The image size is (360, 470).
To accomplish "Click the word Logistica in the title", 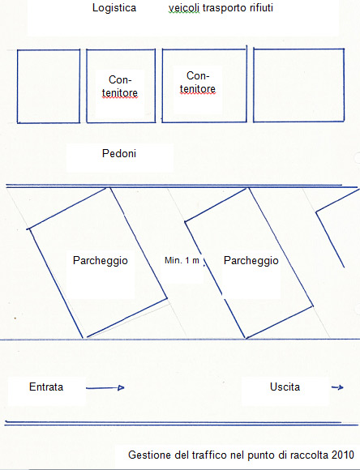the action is click(x=114, y=8).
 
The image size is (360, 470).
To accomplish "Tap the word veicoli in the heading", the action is click(x=184, y=8).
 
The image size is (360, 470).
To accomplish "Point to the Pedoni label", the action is click(x=119, y=153).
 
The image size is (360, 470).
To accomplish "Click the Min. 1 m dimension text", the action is click(x=182, y=260).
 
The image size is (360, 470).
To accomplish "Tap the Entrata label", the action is click(x=46, y=387).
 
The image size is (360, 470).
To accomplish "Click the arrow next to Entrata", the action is click(x=105, y=388).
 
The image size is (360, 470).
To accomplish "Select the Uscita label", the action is click(x=285, y=387).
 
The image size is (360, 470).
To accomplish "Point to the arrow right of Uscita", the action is click(x=337, y=387).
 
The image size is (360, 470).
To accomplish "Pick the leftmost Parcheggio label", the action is click(x=101, y=261).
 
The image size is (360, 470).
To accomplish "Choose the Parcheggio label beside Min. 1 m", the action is click(x=251, y=261).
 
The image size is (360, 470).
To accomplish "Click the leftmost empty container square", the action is click(x=17, y=87).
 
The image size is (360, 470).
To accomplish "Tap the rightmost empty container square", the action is click(x=254, y=85).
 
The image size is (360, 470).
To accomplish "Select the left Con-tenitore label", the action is click(x=120, y=87).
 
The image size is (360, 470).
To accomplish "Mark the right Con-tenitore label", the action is click(x=198, y=83).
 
